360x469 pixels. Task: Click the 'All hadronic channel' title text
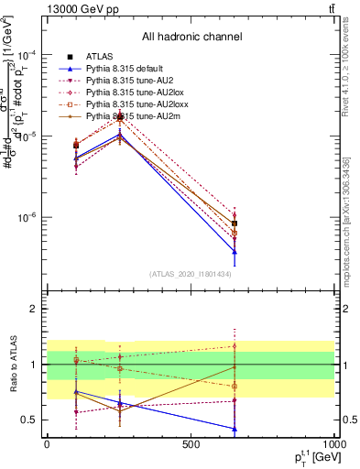(x=191, y=37)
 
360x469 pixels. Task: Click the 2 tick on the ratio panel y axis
(x=34, y=309)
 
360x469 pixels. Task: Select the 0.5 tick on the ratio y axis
(x=31, y=420)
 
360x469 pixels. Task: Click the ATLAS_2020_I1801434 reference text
(x=191, y=274)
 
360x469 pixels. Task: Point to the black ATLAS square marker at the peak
(x=120, y=117)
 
